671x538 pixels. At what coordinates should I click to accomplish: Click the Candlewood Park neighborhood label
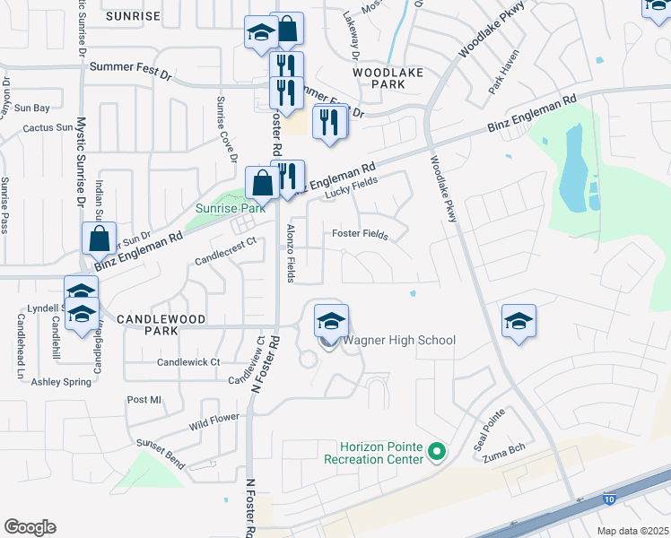pos(161,319)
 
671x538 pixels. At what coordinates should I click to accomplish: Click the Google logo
pos(30,527)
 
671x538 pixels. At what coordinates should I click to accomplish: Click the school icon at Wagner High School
pos(331,321)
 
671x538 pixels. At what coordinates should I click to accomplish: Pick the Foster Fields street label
pos(360,235)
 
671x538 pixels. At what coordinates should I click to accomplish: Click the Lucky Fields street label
pos(351,186)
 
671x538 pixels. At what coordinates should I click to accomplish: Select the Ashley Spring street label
pos(62,382)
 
